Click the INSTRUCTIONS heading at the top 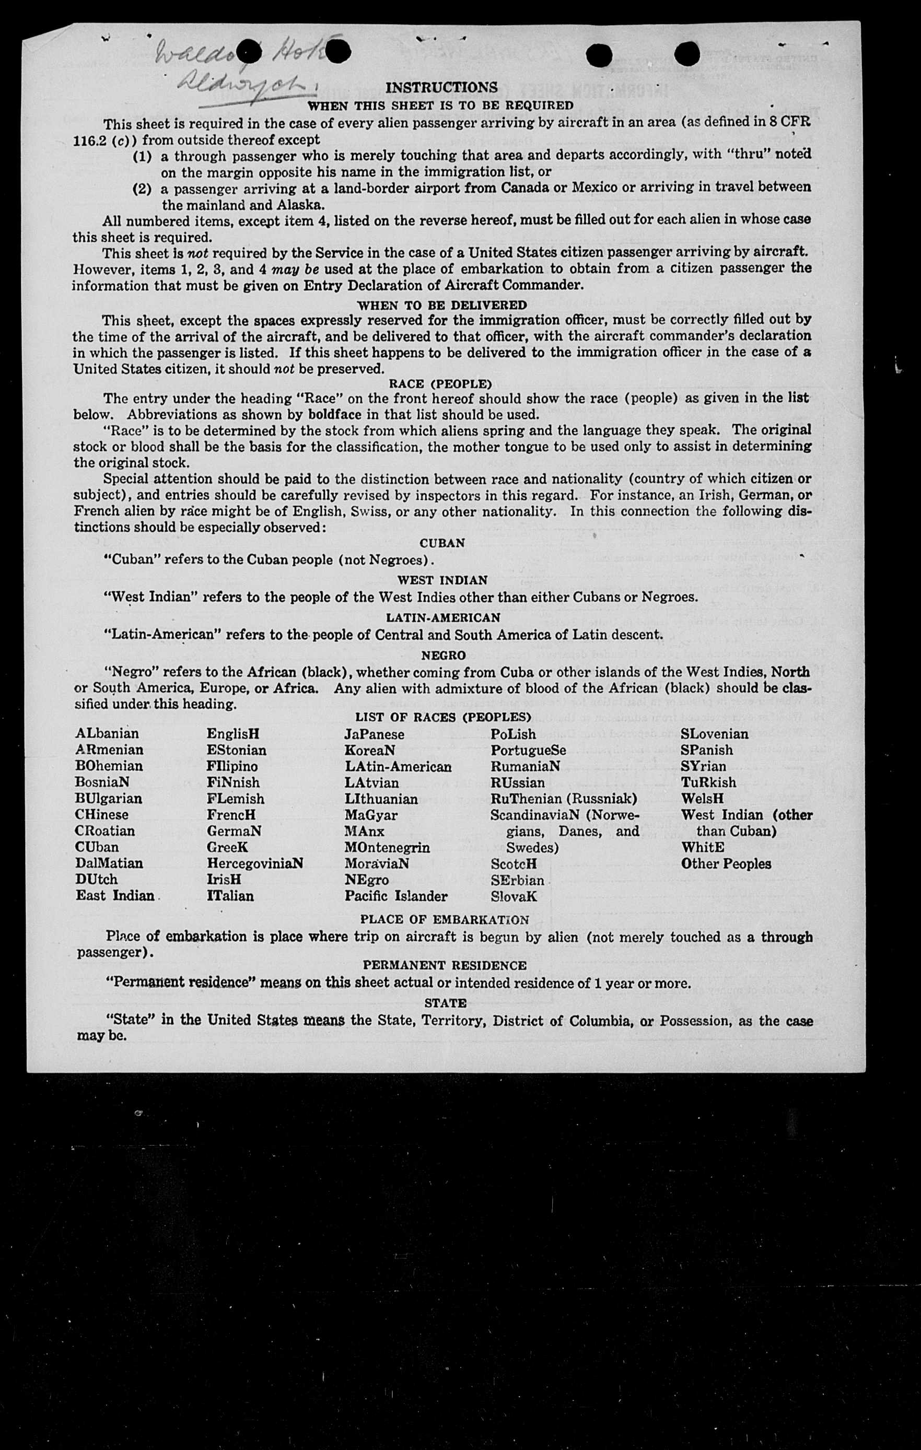(x=441, y=87)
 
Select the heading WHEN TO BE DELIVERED (x=442, y=305)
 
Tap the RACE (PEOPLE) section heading (x=440, y=383)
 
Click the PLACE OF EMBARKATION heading (x=445, y=919)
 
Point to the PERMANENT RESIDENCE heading (x=445, y=965)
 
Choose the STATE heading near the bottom (x=445, y=1003)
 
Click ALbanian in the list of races (x=107, y=733)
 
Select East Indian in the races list (x=115, y=895)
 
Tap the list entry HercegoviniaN (x=255, y=863)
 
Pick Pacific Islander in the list (x=396, y=896)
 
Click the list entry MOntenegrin (x=387, y=847)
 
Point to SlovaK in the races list (x=514, y=896)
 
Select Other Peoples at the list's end (x=726, y=863)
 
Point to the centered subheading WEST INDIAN (x=442, y=580)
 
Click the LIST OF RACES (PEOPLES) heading (x=442, y=717)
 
